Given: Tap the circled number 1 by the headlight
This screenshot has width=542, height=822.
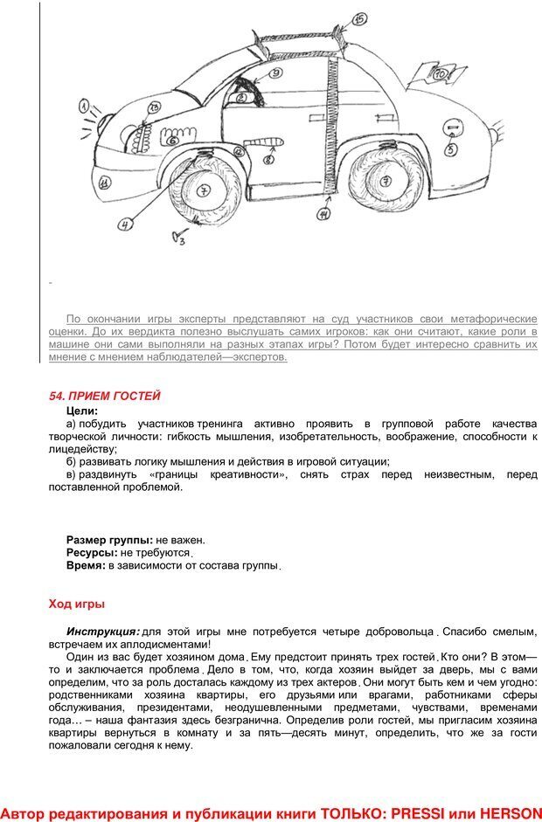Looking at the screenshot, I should click(85, 108).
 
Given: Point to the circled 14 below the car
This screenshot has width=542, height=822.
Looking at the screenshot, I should click(323, 212).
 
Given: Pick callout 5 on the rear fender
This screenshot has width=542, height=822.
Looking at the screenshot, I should click(451, 149).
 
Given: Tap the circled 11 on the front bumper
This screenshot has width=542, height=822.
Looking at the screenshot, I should click(104, 183).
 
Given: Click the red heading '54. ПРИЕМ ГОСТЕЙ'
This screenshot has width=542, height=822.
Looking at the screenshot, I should click(105, 396).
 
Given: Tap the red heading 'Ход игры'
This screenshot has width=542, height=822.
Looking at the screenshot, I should click(77, 603).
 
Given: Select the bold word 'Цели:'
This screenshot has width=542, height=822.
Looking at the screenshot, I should click(82, 410).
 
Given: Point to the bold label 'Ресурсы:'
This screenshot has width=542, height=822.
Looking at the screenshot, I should click(92, 553).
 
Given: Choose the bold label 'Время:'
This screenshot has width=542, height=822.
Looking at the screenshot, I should click(86, 566).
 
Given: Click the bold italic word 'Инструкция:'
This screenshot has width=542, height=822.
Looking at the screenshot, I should click(102, 631).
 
